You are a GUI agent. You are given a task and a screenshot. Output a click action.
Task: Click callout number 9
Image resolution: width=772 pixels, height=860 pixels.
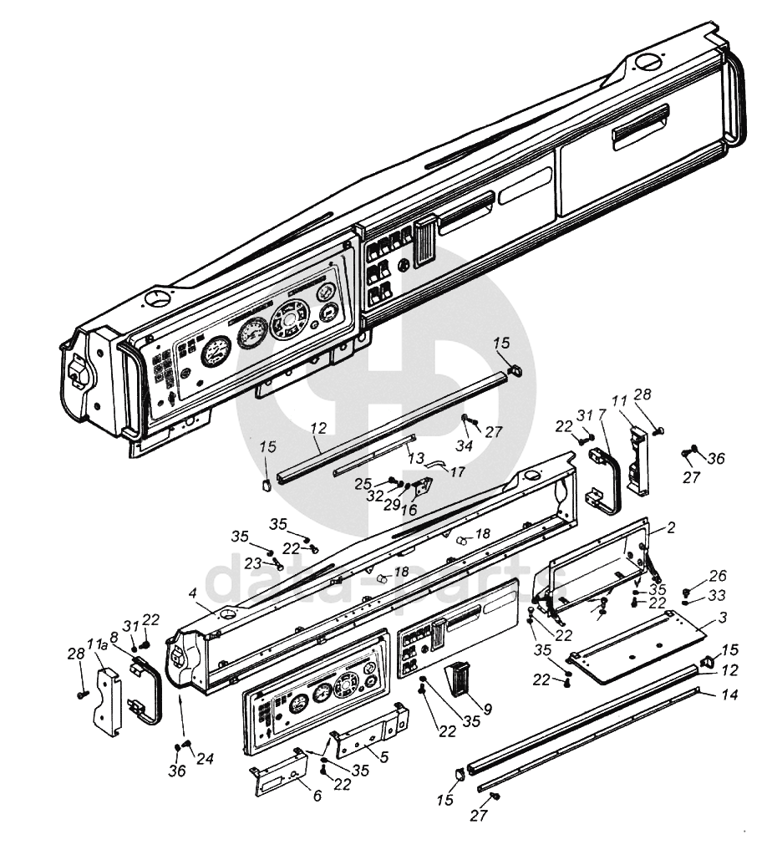(487, 710)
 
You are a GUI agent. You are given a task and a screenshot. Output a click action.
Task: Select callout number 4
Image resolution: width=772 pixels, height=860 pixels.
(192, 593)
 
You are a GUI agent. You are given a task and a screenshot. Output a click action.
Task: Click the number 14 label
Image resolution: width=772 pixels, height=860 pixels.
(729, 695)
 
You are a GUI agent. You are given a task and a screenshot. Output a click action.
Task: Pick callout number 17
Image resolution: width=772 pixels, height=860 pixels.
(457, 471)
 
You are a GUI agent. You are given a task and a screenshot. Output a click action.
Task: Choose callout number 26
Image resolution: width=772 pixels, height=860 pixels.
(718, 575)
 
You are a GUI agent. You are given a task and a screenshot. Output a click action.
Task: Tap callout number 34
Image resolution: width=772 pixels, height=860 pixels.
(465, 445)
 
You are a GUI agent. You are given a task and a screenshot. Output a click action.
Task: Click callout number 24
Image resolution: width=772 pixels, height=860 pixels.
(205, 759)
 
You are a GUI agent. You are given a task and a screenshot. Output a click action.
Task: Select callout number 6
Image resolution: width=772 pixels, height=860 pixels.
(317, 795)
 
